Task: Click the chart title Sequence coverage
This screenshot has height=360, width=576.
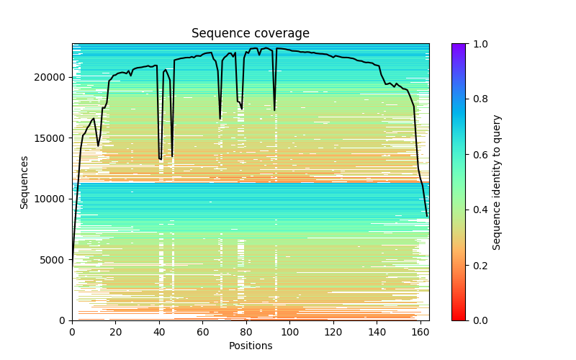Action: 251,34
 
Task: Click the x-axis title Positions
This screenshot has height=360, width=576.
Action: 251,346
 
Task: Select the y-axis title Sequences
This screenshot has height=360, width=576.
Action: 24,182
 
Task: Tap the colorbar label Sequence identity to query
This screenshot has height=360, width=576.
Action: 497,182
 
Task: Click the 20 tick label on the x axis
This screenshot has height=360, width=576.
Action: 116,332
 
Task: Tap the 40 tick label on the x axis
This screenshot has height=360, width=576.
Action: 159,332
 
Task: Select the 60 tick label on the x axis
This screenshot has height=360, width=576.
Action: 203,332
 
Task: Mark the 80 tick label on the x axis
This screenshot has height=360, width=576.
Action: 246,332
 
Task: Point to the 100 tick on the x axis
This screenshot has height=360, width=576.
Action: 290,332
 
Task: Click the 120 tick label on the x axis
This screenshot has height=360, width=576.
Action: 333,332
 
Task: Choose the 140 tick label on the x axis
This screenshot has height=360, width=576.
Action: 377,332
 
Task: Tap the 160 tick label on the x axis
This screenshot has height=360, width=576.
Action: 420,332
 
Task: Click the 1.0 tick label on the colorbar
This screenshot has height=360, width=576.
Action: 478,44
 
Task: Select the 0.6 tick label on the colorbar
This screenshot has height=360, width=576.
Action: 478,155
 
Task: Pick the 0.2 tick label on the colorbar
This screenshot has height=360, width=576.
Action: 478,265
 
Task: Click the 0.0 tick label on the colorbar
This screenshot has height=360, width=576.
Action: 478,320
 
